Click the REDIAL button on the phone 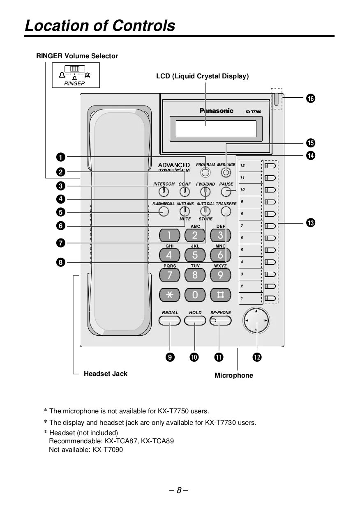170,321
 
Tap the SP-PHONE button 221,321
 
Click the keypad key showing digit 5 195,255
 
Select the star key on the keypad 169,295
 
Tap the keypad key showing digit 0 195,295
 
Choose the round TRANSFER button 226,211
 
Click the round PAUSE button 226,192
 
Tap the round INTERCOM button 164,192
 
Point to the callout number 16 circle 310,99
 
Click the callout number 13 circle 310,223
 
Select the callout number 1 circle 60,157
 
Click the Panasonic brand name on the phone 216,110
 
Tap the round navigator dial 256,320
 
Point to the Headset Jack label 106,374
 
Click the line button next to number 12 270,166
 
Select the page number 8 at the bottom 179,490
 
